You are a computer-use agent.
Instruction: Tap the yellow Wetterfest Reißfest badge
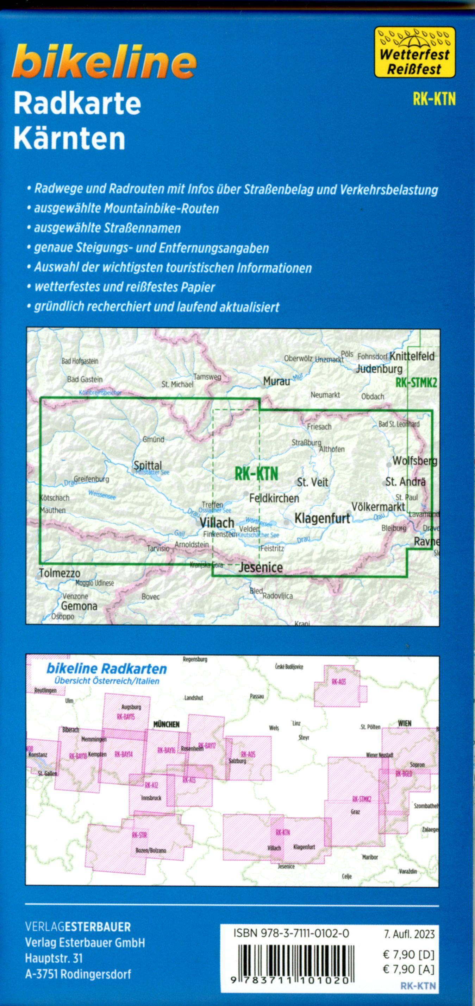tap(415, 52)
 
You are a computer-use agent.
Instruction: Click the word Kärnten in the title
tap(69, 138)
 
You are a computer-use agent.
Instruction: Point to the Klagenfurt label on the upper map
tap(322, 519)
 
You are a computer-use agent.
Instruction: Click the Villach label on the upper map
tap(217, 523)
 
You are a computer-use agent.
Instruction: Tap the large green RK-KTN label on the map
tap(256, 474)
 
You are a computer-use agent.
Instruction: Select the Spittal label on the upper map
tap(148, 465)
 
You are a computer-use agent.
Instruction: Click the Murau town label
tap(276, 381)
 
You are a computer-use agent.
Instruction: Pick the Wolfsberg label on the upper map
tap(414, 461)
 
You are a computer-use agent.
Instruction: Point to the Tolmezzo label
tap(60, 573)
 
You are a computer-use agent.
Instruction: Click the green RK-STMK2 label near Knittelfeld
tap(416, 383)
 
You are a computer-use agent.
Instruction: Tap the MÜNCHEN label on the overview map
tap(166, 725)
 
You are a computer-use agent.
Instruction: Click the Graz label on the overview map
tap(355, 812)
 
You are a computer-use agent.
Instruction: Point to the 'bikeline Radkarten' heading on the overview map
tap(106, 669)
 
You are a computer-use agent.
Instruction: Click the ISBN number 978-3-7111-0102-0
tap(291, 934)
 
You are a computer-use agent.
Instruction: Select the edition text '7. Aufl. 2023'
tap(409, 934)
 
